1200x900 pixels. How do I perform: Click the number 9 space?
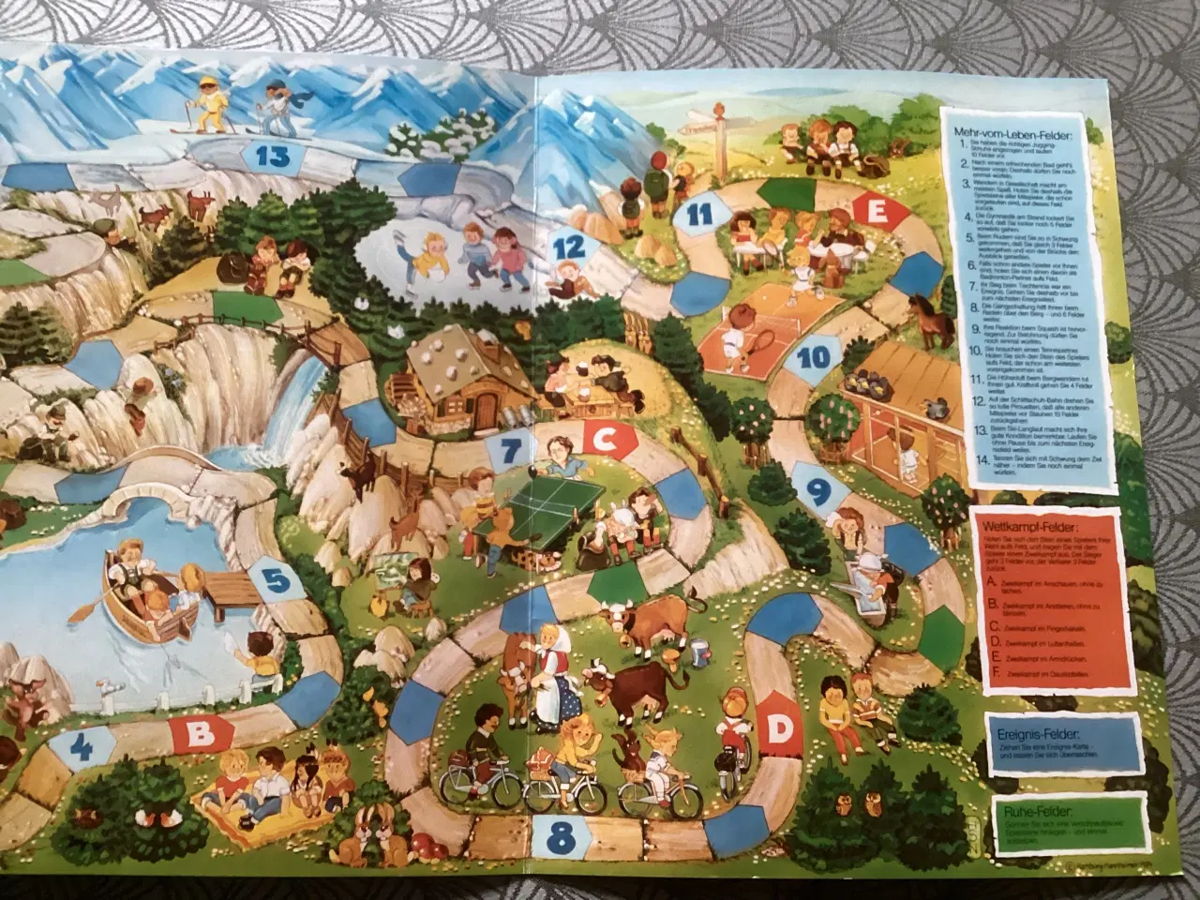tap(816, 488)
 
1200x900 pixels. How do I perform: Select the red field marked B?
tap(199, 734)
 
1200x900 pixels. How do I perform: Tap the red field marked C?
tap(605, 435)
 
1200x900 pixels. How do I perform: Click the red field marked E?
tap(877, 214)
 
